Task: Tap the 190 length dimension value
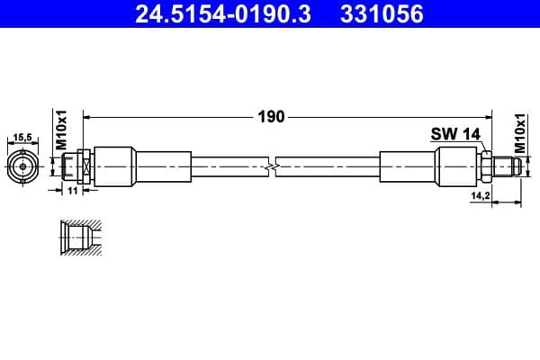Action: coord(272,116)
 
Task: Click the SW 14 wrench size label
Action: coord(455,133)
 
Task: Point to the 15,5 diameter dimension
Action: coord(24,138)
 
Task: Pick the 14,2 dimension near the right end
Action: coord(481,194)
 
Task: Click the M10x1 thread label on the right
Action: coord(520,130)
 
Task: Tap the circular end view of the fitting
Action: coord(24,167)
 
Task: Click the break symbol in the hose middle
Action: coord(272,167)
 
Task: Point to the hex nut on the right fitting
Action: coord(485,167)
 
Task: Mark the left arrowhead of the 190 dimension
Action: coord(88,116)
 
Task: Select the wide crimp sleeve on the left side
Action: coord(115,167)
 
